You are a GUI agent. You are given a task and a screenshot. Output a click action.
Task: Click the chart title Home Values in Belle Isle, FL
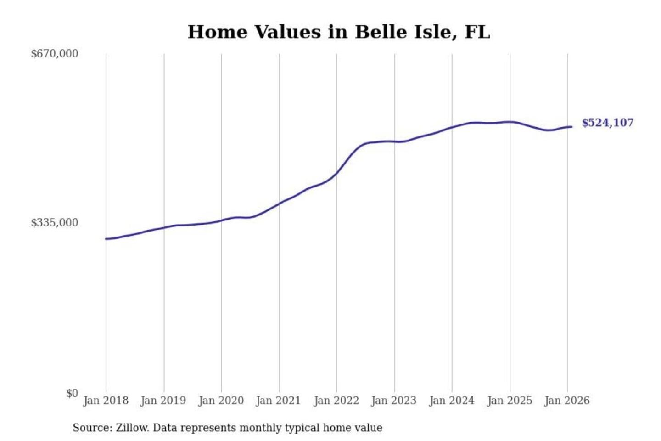339,32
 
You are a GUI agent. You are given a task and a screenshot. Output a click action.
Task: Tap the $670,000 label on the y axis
55,54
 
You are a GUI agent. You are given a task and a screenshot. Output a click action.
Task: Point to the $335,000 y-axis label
55,223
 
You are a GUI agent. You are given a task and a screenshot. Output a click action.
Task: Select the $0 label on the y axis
72,393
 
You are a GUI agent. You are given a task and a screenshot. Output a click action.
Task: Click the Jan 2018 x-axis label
106,401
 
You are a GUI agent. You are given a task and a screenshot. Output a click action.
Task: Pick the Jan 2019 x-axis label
163,401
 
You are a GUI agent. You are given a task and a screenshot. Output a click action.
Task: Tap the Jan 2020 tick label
221,401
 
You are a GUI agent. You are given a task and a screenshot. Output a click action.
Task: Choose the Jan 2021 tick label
278,401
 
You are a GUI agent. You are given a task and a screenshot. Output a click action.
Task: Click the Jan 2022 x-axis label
336,401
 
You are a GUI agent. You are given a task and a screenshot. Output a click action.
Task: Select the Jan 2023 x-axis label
393,401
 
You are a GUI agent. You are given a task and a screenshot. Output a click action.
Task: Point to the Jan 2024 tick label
451,401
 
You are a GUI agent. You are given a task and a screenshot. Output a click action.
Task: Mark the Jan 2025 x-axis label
509,401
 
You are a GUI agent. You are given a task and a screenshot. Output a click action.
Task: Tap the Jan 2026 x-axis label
567,401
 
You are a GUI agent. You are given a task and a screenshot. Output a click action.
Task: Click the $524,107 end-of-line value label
607,123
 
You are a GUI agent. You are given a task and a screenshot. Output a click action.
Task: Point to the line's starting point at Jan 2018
106,239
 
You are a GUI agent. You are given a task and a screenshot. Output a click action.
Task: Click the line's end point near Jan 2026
571,127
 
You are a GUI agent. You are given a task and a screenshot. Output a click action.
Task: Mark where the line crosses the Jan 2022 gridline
336,174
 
